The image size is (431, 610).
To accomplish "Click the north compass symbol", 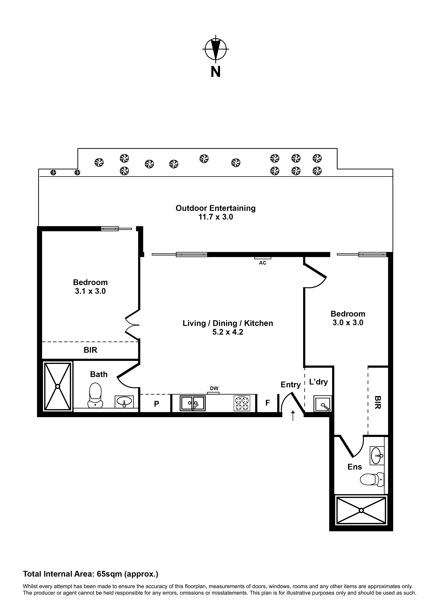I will click(x=216, y=49).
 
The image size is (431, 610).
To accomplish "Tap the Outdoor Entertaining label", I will click(x=215, y=208).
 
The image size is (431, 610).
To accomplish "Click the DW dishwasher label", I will click(x=214, y=388).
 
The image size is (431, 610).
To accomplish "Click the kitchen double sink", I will click(x=192, y=403).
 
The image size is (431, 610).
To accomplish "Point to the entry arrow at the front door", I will click(x=293, y=415).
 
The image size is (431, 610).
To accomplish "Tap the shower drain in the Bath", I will click(x=58, y=387).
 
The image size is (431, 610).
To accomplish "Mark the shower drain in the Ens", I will click(x=361, y=510).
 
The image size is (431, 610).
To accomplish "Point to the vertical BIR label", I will click(x=378, y=402).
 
